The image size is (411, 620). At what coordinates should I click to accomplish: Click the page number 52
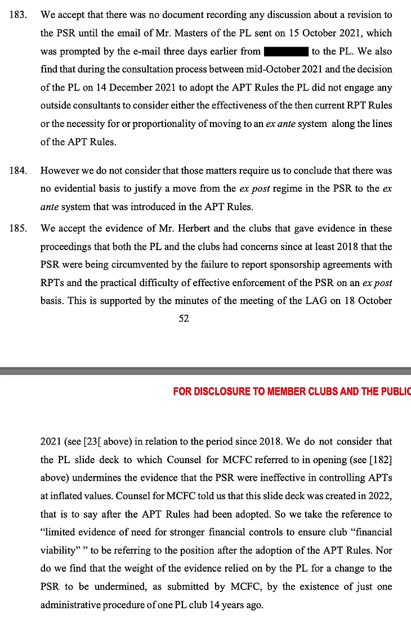pos(184,319)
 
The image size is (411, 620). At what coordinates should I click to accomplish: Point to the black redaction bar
pos(285,52)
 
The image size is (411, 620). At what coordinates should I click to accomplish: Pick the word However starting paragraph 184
pos(59,170)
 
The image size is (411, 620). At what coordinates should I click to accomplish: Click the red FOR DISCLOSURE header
pos(292,391)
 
